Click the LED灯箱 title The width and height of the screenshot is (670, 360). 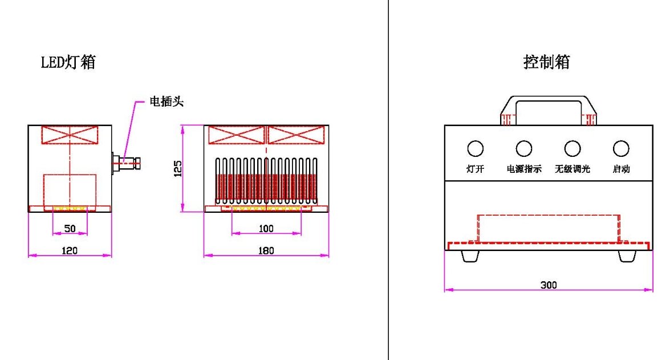click(x=68, y=62)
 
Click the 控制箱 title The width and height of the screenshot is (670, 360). click(x=546, y=62)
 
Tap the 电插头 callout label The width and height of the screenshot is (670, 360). click(x=166, y=102)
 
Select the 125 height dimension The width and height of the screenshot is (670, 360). click(x=177, y=168)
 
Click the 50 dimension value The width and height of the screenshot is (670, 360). click(x=70, y=228)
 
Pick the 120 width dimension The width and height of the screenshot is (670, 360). click(x=70, y=250)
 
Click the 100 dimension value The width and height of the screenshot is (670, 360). click(x=266, y=228)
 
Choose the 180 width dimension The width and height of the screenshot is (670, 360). click(x=266, y=250)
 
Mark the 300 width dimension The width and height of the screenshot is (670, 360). click(x=549, y=285)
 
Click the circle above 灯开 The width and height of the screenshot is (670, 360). click(x=475, y=149)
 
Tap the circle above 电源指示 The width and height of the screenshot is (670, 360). click(x=523, y=149)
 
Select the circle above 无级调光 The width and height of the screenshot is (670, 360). click(x=572, y=149)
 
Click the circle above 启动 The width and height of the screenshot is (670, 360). click(x=621, y=149)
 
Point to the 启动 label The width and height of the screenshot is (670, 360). click(x=621, y=169)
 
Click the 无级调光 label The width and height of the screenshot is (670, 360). click(x=572, y=169)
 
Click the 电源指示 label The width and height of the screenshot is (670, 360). click(x=523, y=169)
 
